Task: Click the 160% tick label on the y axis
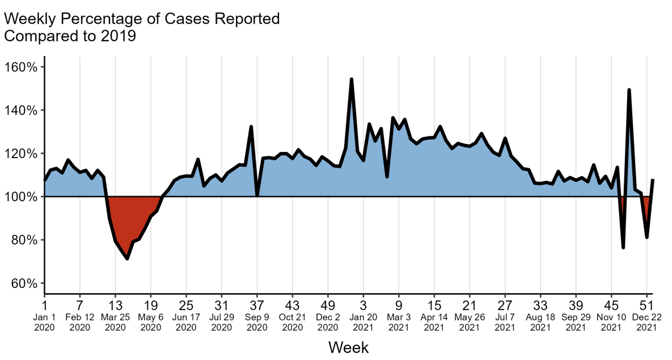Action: point(22,67)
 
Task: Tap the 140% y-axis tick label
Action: point(22,110)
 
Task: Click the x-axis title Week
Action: point(348,347)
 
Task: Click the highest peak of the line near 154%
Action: point(352,79)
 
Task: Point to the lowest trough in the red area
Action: point(127,259)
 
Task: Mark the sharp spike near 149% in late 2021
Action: point(629,90)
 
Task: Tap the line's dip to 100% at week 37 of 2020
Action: point(257,196)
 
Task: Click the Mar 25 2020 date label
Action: point(115,317)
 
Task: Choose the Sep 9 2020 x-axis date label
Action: point(257,317)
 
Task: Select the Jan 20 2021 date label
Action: point(364,317)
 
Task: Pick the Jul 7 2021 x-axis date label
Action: point(505,317)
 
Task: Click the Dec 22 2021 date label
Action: point(646,317)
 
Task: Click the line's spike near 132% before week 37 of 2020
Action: point(251,126)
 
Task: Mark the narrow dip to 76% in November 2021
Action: point(623,247)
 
